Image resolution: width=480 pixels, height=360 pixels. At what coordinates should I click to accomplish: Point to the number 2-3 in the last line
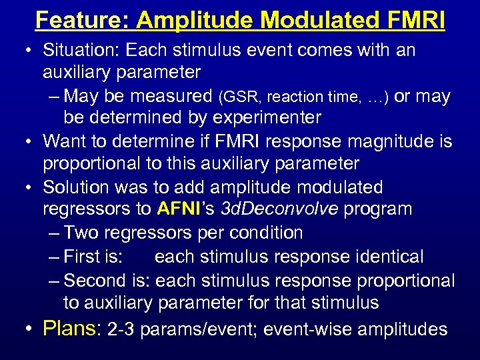(x=121, y=329)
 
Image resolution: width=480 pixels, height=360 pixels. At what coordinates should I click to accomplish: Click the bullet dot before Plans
(x=31, y=329)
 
